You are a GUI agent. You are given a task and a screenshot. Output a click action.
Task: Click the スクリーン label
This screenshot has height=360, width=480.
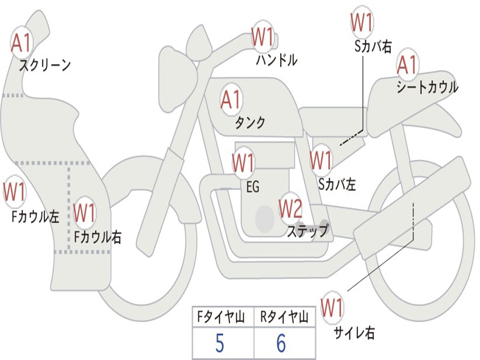pos(45,65)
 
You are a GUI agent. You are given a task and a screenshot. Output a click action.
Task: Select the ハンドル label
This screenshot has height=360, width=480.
pos(277,60)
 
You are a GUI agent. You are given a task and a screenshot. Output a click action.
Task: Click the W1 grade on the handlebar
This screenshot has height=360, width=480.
pos(262,37)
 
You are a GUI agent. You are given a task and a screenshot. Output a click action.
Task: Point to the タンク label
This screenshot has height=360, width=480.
pos(250,123)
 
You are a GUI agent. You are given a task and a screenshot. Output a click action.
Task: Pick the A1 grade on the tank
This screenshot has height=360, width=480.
pos(231,99)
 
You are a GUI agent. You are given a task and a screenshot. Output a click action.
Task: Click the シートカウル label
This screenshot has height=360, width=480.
pos(427,88)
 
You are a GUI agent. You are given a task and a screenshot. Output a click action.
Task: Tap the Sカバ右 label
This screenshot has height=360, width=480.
pos(373,46)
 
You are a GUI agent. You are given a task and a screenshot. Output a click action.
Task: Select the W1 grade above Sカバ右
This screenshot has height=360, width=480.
pos(362,22)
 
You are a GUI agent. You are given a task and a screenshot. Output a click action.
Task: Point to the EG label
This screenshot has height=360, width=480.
pos(253,187)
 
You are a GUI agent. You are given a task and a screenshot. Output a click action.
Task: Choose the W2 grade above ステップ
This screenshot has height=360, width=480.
pos(291,209)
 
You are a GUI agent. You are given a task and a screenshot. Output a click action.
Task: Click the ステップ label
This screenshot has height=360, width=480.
pos(307,231)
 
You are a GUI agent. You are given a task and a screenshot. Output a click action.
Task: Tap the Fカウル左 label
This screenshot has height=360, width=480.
pos(36,216)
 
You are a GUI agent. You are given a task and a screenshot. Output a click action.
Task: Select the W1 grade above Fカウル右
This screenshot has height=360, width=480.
pos(85,213)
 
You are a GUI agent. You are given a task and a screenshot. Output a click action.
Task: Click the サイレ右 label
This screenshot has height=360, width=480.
pos(354,333)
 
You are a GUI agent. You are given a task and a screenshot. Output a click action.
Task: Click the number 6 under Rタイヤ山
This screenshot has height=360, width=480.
pos(281,344)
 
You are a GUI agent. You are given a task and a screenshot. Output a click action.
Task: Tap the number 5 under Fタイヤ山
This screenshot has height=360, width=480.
pos(220,344)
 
